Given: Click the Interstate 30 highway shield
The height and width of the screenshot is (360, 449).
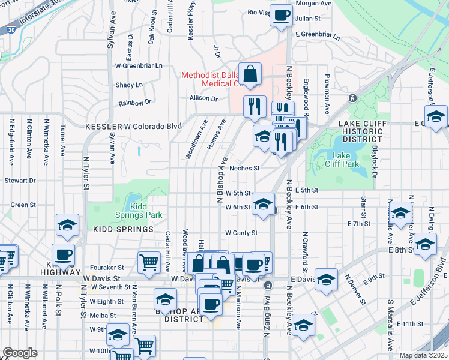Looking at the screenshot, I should click(x=11, y=29).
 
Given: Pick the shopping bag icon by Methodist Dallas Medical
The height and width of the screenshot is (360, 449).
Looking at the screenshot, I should click(x=250, y=74).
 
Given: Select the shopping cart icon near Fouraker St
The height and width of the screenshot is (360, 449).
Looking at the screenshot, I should click(x=148, y=262).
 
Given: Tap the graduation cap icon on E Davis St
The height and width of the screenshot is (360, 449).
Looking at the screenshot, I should click(x=326, y=280).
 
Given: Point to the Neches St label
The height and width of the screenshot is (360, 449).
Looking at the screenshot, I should click(x=244, y=169).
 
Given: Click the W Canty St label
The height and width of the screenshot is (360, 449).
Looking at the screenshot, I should click(x=241, y=233).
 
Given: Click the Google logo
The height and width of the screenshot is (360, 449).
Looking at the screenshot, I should click(x=20, y=353).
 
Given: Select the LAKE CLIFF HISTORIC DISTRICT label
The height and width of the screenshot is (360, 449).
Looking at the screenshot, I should click(x=361, y=127).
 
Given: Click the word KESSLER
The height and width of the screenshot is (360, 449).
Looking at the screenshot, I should click(x=103, y=127).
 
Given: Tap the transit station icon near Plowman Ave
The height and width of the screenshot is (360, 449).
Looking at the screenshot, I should click(x=352, y=98).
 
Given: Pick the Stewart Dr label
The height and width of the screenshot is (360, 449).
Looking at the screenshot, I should click(x=20, y=180).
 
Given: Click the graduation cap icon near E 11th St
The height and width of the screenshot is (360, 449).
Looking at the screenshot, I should click(x=304, y=325).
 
